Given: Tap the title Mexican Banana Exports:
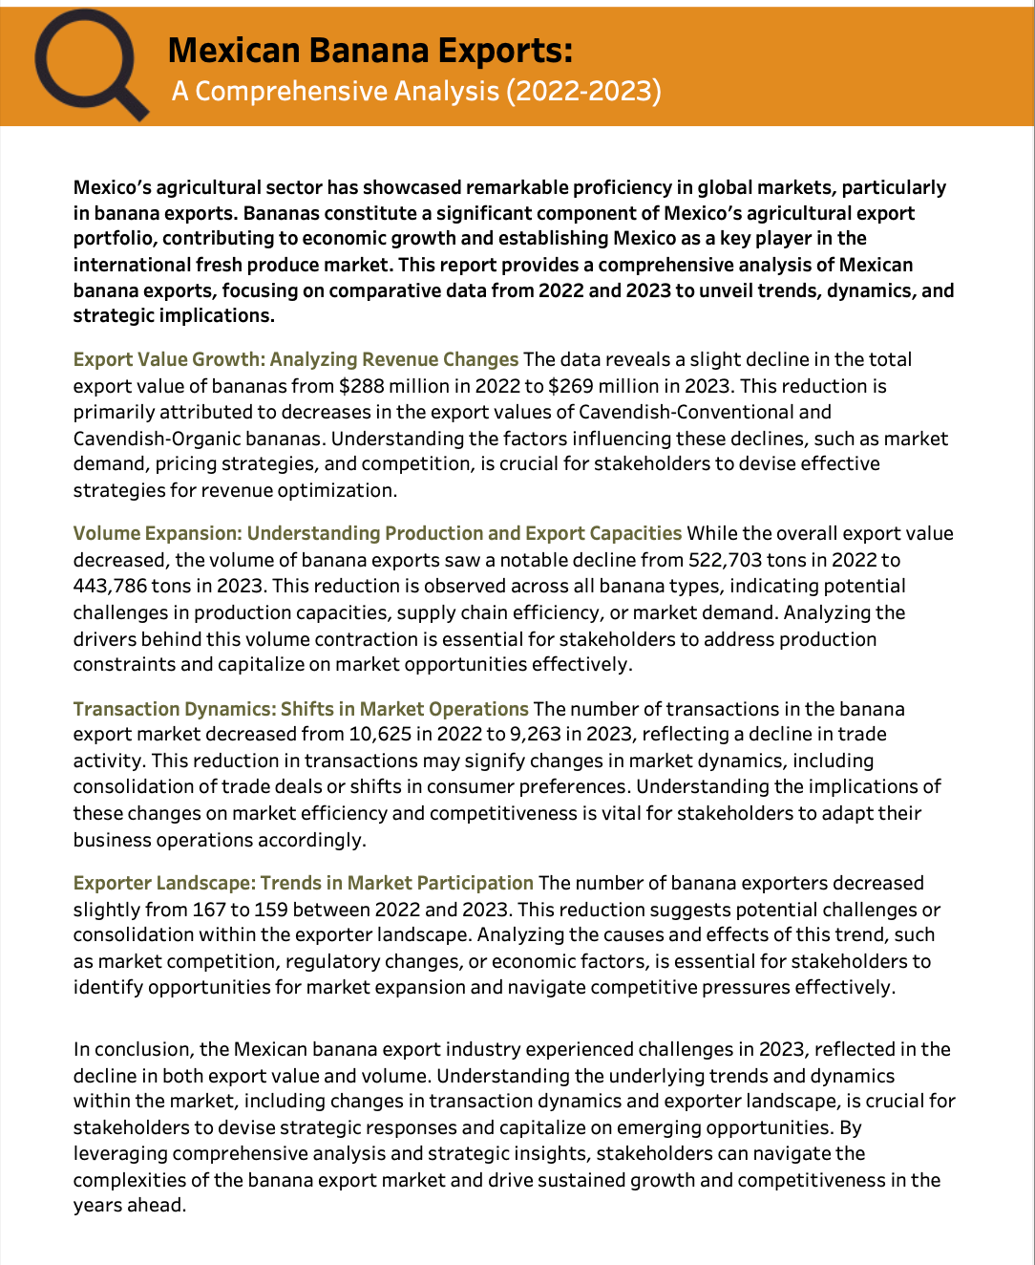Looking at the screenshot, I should tap(370, 50).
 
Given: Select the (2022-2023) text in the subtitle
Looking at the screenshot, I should tap(583, 91).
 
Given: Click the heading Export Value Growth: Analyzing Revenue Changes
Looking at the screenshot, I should tap(296, 359).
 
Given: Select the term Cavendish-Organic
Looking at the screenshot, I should tap(161, 439).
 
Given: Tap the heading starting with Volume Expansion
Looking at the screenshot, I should tap(377, 533).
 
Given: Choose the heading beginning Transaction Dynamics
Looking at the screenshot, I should tap(301, 709).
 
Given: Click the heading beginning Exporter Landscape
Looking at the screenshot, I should tap(304, 883).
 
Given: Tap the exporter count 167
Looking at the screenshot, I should tap(208, 910).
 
